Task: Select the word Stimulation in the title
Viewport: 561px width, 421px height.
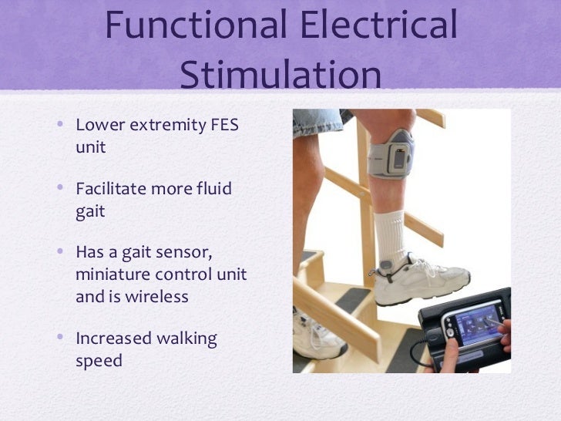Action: pos(280,77)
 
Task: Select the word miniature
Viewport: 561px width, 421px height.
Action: pos(116,275)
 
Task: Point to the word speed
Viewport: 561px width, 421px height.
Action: pos(99,361)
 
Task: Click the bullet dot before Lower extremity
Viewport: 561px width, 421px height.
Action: pos(62,125)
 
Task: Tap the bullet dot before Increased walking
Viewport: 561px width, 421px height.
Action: pos(62,340)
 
